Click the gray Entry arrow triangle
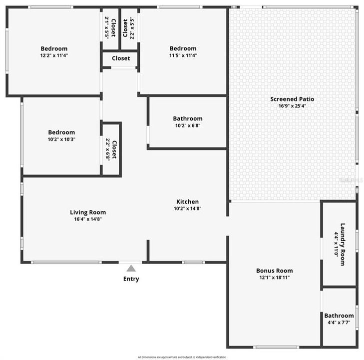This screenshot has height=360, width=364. click(131, 268)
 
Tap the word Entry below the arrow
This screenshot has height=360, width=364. click(131, 279)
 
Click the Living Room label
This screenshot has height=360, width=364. click(88, 212)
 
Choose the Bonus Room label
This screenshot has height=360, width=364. click(274, 270)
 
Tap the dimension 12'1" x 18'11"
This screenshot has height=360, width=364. click(274, 277)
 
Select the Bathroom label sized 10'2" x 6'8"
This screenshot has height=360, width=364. click(188, 118)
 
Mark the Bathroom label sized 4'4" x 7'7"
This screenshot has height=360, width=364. click(339, 315)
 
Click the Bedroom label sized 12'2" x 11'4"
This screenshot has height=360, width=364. click(54, 48)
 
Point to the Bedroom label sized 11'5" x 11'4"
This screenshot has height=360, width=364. click(183, 48)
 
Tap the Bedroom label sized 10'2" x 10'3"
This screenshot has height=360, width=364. click(61, 132)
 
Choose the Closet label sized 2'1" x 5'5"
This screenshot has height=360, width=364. click(113, 27)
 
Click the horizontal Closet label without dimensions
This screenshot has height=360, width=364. click(121, 58)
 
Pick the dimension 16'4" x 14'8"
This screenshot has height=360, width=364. click(88, 219)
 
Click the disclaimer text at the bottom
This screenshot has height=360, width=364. click(182, 357)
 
